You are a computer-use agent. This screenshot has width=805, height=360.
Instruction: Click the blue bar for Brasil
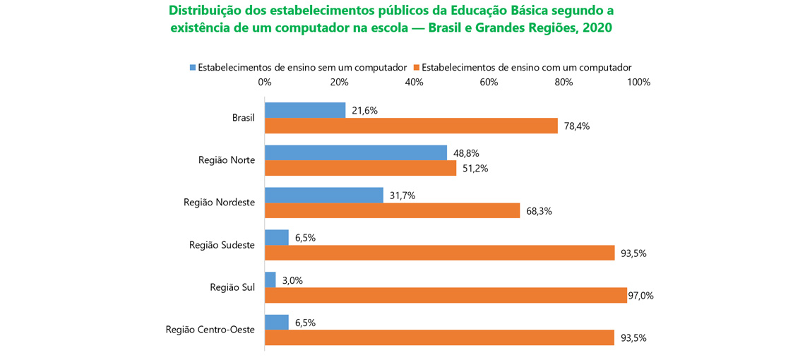coord(305,110)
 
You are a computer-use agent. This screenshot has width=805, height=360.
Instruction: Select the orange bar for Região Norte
coord(360,169)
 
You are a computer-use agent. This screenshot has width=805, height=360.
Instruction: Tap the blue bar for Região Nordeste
coord(323,195)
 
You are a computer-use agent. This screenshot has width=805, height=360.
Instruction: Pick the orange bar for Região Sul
coord(446,296)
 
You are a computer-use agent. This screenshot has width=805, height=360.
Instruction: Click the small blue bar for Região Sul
coord(270,280)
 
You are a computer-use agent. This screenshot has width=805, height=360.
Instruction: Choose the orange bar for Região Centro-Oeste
coord(439,338)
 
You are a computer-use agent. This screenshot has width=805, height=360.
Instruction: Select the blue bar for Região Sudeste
coord(276,237)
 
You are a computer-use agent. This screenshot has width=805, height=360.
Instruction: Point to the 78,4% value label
coord(576,126)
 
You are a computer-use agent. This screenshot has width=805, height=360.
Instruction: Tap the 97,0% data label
coord(640,296)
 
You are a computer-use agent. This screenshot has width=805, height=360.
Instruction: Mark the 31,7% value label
coord(403,195)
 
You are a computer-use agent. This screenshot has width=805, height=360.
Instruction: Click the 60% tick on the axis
coord(489,83)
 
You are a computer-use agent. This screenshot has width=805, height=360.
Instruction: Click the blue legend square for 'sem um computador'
coord(192,68)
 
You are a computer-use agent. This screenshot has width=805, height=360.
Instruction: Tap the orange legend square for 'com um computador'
coord(417,68)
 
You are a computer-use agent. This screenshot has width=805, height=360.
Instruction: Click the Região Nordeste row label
coord(219,203)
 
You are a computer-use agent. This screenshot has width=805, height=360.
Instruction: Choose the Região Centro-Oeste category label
coord(210,330)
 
